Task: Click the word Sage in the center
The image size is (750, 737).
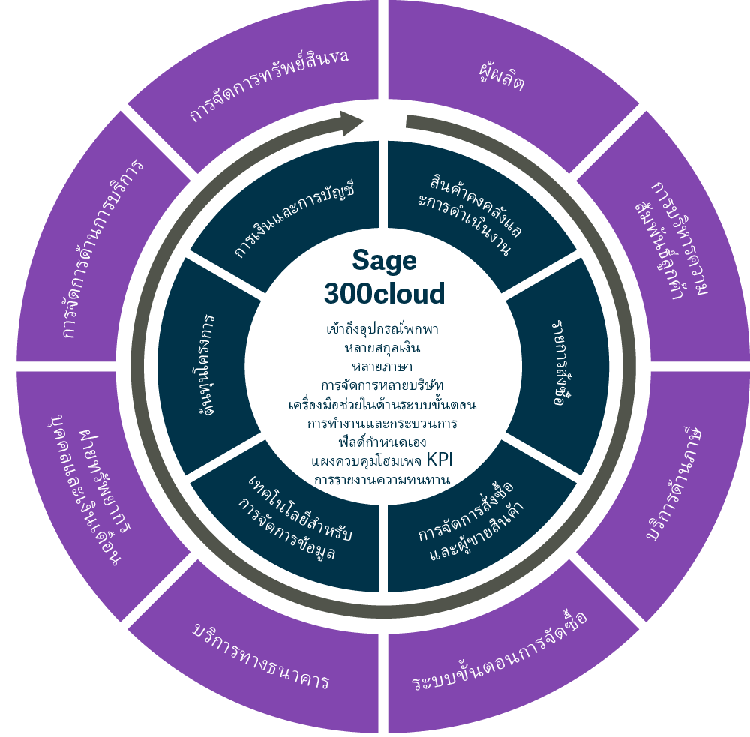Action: pyautogui.click(x=384, y=261)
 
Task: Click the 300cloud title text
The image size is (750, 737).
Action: pyautogui.click(x=384, y=293)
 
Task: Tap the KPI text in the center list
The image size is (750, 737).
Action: pyautogui.click(x=440, y=459)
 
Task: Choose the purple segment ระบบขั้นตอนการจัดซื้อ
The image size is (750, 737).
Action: pyautogui.click(x=499, y=652)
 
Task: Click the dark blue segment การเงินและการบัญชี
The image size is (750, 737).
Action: pyautogui.click(x=292, y=217)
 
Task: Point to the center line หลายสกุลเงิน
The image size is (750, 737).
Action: pyautogui.click(x=382, y=348)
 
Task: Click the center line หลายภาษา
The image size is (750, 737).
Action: pyautogui.click(x=382, y=367)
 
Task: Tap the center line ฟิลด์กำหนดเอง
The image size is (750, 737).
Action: pyautogui.click(x=382, y=442)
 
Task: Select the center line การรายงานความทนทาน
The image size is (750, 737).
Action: pyautogui.click(x=382, y=479)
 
